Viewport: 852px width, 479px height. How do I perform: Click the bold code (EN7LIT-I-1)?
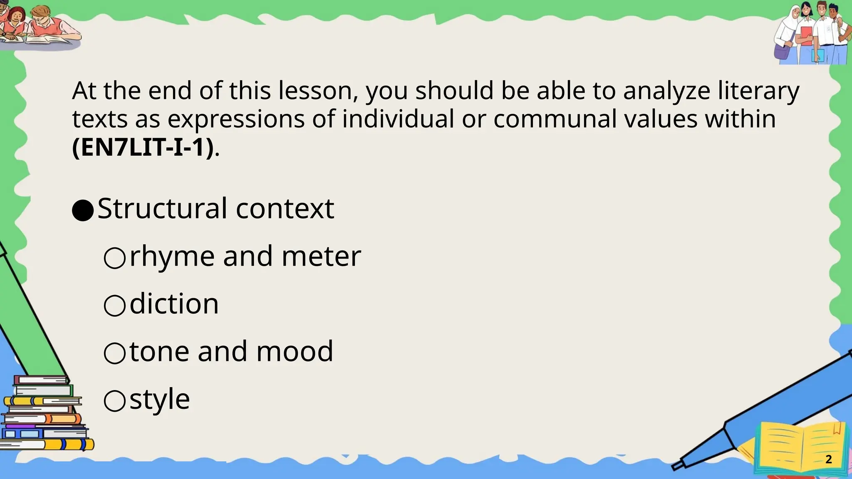point(143,148)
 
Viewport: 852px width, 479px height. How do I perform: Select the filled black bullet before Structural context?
point(82,210)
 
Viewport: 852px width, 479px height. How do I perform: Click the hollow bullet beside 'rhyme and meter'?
point(114,258)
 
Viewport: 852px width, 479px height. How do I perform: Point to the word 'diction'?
point(174,304)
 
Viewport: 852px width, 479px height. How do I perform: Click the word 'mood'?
point(295,352)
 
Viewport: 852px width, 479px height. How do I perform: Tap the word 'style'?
point(160,400)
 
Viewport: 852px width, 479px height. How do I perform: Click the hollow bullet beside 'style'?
point(114,401)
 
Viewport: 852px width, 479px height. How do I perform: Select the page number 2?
point(828,459)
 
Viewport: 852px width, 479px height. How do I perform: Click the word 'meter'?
point(321,257)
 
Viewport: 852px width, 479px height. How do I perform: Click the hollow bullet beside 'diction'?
point(114,306)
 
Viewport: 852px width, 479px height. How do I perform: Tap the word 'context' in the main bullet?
point(285,208)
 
